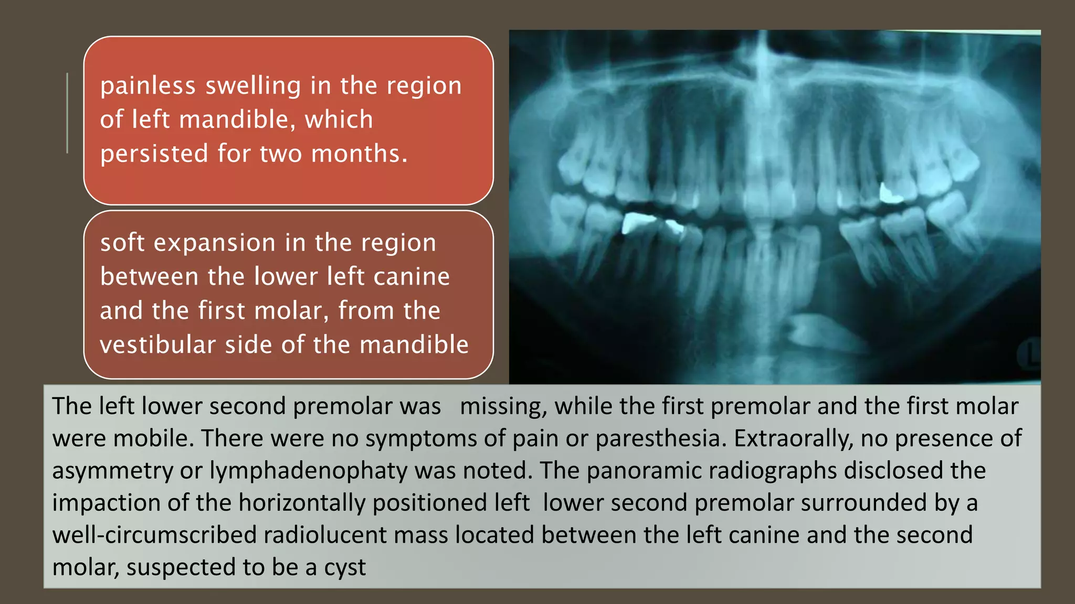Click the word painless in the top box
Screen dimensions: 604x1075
point(147,85)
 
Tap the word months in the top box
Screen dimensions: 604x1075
point(359,154)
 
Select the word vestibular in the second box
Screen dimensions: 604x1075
point(158,345)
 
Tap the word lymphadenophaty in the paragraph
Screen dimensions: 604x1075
point(308,471)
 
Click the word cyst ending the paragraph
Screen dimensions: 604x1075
point(344,567)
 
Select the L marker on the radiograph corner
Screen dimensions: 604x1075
point(1030,355)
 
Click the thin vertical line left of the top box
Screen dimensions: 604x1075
point(67,113)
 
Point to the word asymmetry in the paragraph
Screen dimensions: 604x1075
point(112,471)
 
